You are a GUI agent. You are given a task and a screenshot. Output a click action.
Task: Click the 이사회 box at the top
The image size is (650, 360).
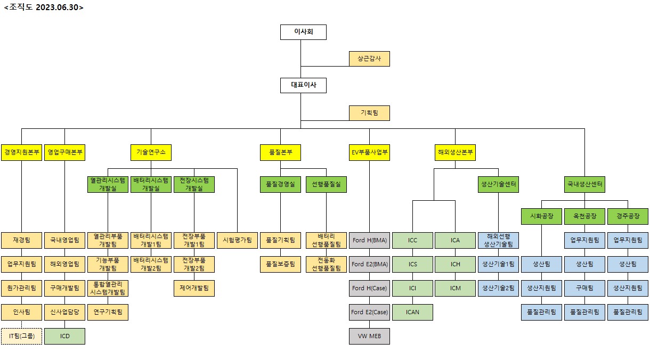point(303,32)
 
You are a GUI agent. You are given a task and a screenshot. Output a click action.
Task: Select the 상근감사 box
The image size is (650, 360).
point(369,59)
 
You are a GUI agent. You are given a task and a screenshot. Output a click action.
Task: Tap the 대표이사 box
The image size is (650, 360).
point(303,85)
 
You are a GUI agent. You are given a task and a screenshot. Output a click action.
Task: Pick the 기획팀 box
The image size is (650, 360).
point(369,113)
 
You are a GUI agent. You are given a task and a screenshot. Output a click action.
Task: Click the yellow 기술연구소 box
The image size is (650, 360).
point(151,152)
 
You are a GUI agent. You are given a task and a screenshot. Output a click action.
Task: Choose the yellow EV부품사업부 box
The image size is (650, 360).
point(369,152)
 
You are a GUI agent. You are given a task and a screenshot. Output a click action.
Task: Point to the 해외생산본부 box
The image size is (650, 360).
point(455,152)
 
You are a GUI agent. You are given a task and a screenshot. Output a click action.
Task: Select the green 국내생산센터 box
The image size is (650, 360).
point(584,184)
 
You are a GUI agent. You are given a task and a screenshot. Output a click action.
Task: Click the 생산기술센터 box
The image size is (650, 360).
point(498,184)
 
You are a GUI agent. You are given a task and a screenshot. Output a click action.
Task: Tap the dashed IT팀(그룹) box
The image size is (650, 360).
point(21,336)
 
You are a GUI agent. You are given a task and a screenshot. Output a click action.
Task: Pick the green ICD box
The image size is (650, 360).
point(64,336)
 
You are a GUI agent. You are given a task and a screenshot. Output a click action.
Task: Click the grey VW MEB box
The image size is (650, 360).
point(369,336)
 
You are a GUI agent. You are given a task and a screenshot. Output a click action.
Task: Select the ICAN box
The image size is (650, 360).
point(412,312)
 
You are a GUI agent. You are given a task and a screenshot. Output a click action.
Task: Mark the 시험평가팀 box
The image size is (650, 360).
point(237,240)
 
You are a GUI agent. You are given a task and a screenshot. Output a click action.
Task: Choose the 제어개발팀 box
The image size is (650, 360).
point(194,288)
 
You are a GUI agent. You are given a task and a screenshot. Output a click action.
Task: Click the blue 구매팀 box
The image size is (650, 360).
point(584,288)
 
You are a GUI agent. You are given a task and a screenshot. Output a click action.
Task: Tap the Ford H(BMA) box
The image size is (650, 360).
point(369,240)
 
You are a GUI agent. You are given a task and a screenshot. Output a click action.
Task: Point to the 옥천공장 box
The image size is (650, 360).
point(584,216)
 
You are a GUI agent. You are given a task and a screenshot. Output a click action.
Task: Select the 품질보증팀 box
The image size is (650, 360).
point(280,264)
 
